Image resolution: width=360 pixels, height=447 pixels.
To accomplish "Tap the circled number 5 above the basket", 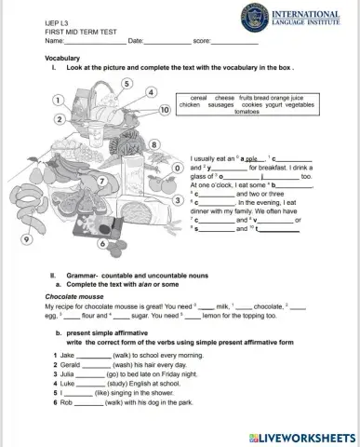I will point(127,83).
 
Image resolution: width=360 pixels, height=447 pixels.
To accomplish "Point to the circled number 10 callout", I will point(165,109).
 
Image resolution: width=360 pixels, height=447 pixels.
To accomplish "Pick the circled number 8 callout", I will point(153,144).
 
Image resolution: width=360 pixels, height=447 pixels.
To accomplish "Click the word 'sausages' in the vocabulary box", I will point(221,105).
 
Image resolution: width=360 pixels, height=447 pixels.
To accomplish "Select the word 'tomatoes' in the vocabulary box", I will point(241,112).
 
